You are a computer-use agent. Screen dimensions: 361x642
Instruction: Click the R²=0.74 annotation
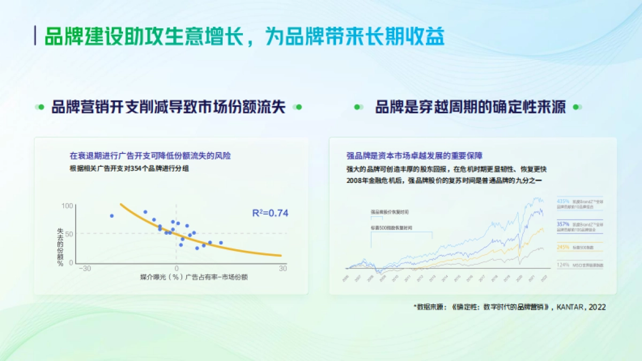coord(270,213)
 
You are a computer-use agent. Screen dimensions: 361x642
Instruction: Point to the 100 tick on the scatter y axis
coord(67,206)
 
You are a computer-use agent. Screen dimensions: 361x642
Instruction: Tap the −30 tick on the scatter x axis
coord(85,268)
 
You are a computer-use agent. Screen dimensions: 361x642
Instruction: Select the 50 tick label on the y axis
coord(68,234)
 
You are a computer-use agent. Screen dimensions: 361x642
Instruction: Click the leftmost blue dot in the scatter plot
coord(112,216)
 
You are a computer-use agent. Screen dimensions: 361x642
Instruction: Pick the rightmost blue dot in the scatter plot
coord(220,243)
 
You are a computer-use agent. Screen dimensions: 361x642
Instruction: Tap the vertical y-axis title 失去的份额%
coord(60,247)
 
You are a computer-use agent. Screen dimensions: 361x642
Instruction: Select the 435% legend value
coord(563,201)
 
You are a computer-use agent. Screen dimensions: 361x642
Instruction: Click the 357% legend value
coord(563,224)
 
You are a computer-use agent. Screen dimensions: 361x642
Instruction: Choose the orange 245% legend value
coord(563,247)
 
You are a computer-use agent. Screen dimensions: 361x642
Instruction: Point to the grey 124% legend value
coord(563,265)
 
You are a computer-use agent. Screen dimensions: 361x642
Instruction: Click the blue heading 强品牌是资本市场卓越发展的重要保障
coord(415,156)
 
